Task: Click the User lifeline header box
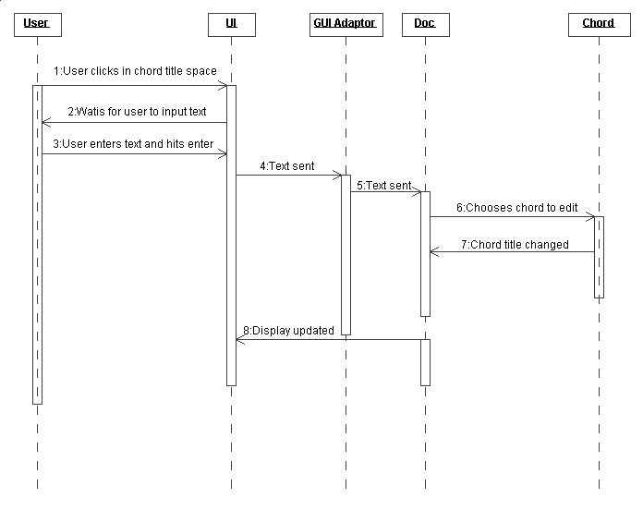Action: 38,25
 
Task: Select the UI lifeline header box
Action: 232,25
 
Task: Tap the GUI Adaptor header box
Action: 346,25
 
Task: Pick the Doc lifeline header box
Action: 426,25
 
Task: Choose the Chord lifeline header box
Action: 600,25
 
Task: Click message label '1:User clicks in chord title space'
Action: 135,71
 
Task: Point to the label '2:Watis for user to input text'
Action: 137,112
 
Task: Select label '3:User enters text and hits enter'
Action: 133,144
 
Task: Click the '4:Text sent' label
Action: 287,166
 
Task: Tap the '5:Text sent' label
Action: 383,186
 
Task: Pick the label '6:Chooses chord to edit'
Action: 517,208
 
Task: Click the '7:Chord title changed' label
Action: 515,245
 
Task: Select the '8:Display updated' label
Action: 288,331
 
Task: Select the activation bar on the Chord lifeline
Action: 600,257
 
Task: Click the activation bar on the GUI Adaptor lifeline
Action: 346,255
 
